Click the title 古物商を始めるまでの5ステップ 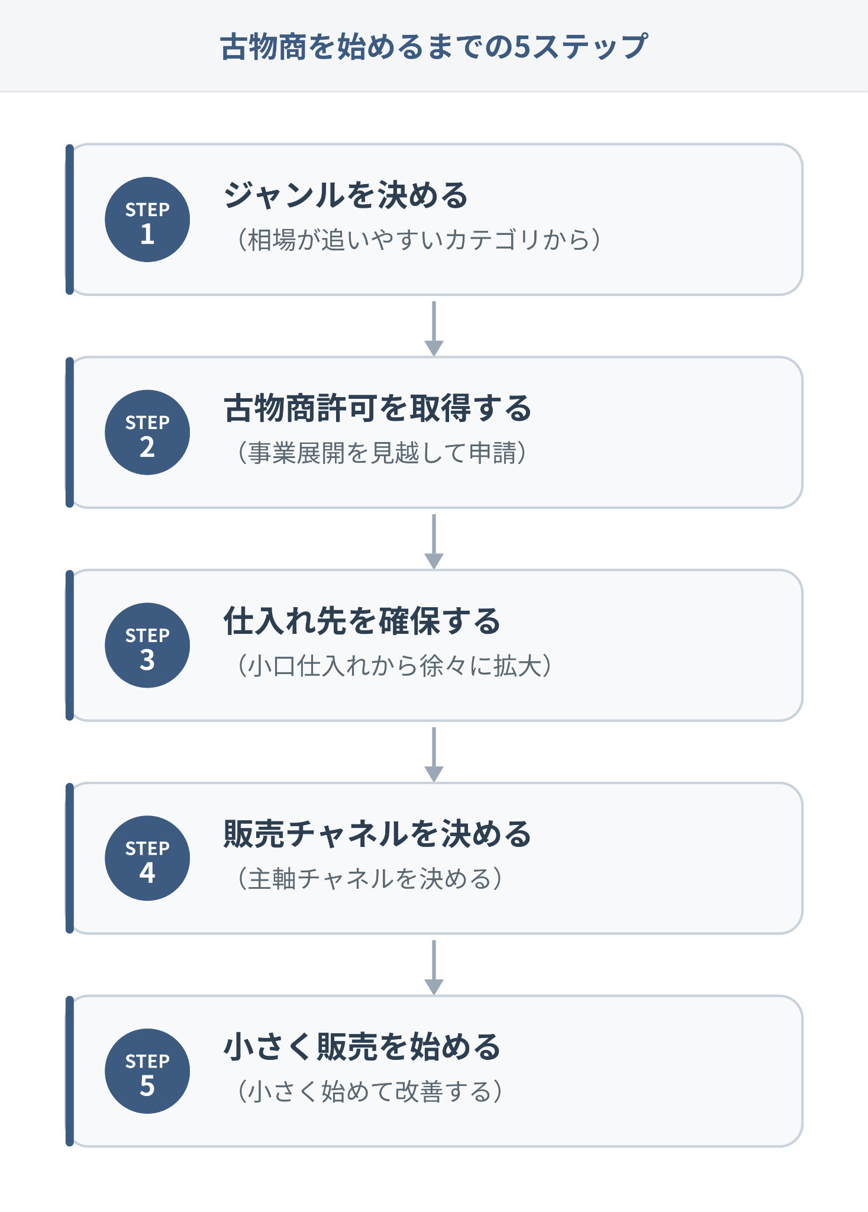[434, 47]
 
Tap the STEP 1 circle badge [147, 220]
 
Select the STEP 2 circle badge [147, 433]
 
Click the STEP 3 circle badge [147, 646]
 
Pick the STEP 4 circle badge [147, 859]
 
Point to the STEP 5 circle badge [147, 1071]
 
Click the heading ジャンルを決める [346, 195]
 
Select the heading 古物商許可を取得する [377, 408]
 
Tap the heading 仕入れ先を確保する [362, 621]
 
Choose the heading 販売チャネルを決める [377, 834]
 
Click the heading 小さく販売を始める [362, 1047]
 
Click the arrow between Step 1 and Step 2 [434, 329]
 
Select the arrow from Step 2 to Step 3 [434, 542]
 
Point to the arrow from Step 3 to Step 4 [434, 755]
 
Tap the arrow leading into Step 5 [434, 968]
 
